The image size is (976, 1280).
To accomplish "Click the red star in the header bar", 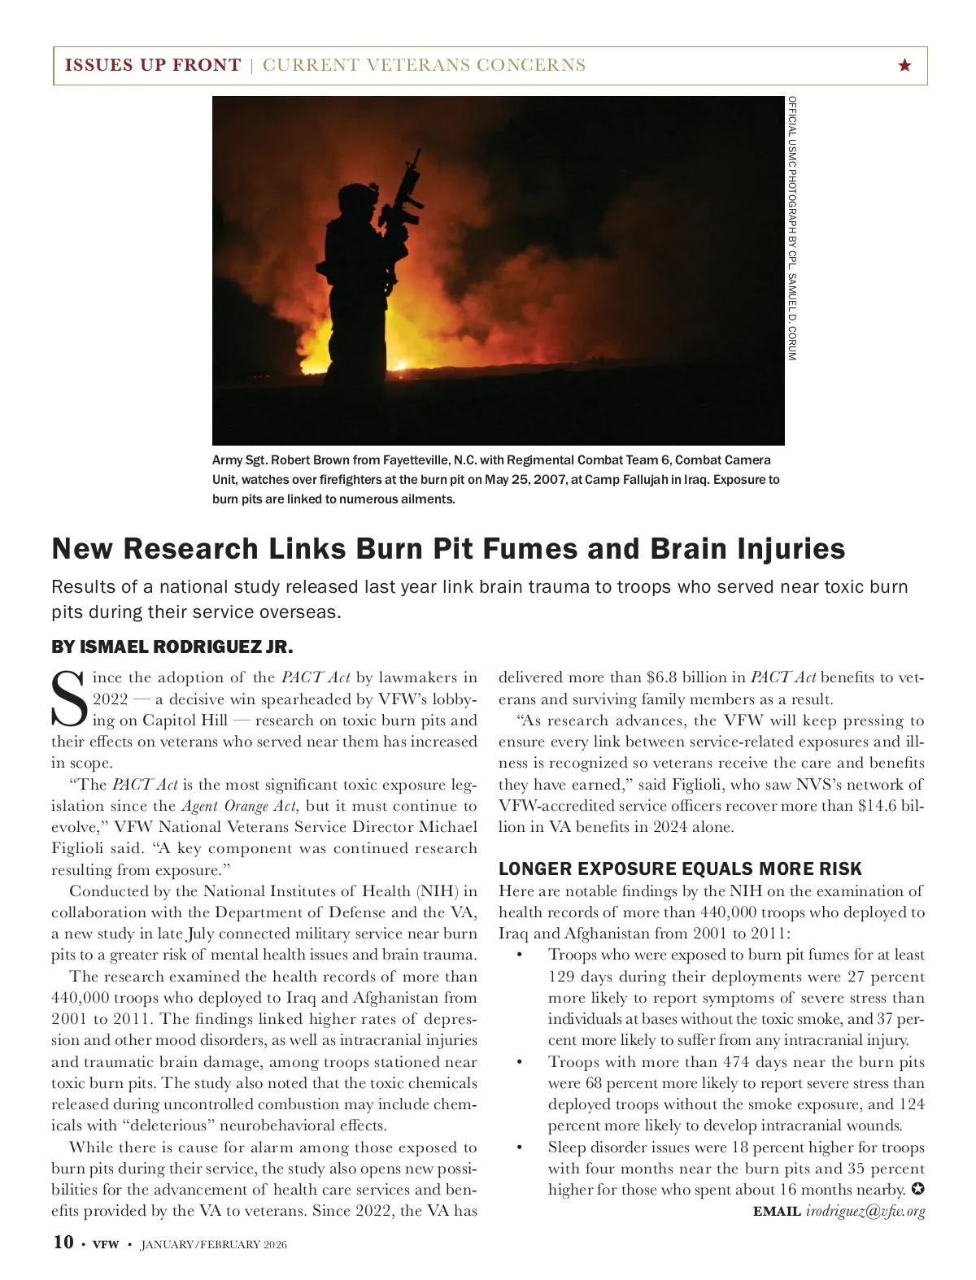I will tap(904, 65).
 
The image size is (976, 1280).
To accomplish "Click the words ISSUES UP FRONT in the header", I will tap(153, 65).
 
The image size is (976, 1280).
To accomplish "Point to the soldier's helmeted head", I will tap(355, 198).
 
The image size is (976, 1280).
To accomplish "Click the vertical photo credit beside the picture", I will tap(792, 229).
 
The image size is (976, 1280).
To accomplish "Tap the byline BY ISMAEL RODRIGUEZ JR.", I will tap(172, 647).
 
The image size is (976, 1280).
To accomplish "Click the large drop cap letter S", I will tap(68, 699).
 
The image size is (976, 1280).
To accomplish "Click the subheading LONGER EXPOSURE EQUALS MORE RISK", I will tap(680, 869).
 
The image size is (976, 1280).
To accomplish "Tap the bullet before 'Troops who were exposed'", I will tap(519, 956).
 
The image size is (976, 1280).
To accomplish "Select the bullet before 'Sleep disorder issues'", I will tap(519, 1147).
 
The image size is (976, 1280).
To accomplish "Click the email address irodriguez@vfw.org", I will tap(865, 1212).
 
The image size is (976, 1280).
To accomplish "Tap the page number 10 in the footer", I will tap(63, 1243).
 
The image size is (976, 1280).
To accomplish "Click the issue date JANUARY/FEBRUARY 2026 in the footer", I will tap(214, 1244).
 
